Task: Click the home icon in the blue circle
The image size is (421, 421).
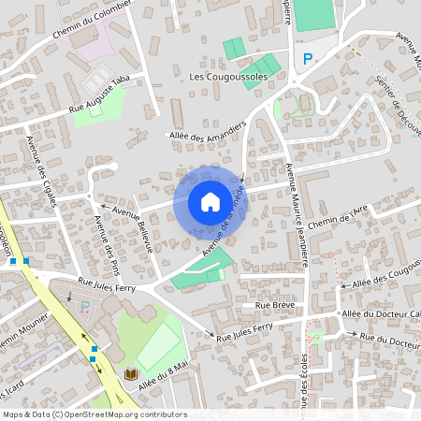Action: coord(210,201)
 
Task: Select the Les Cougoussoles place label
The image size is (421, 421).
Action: coord(227,76)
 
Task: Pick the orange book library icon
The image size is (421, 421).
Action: coord(131,374)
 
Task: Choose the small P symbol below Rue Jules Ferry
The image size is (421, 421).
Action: coord(87,306)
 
